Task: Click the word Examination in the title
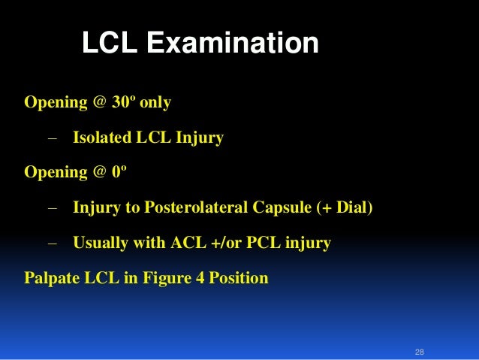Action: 232,43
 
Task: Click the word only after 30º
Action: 155,102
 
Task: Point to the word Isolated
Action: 101,138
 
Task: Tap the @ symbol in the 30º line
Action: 98,102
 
